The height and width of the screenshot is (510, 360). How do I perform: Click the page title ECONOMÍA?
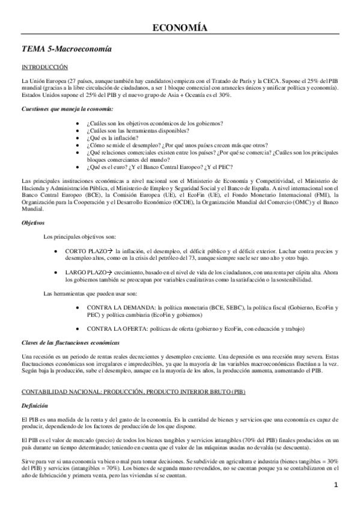click(180, 28)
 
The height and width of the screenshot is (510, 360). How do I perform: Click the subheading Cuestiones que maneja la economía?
click(67, 109)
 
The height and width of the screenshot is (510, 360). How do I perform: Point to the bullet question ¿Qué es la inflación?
click(112, 138)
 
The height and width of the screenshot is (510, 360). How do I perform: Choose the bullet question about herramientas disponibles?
click(138, 131)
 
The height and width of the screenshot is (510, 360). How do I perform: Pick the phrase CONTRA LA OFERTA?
click(117, 329)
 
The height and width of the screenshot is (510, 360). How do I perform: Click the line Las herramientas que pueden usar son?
click(82, 293)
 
